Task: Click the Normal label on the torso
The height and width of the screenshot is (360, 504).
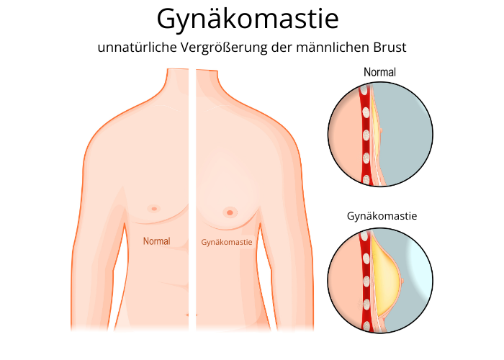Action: (157, 241)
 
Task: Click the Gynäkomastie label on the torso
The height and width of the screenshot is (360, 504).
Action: (227, 242)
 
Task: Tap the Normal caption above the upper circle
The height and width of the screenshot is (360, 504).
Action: (379, 72)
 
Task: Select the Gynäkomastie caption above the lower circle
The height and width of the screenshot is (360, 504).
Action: (382, 215)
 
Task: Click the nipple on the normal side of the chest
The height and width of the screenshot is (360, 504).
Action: (153, 209)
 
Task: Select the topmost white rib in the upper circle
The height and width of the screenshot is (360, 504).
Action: (365, 93)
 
